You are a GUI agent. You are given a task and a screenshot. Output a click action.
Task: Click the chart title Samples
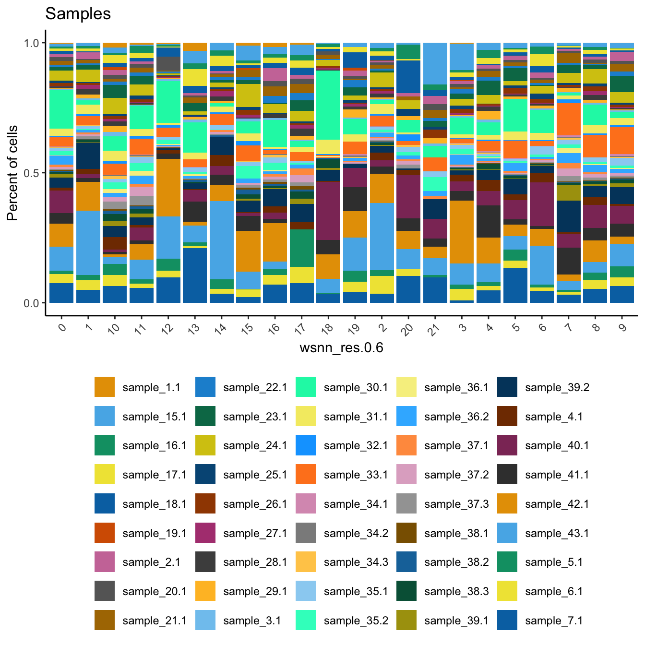pyautogui.click(x=78, y=14)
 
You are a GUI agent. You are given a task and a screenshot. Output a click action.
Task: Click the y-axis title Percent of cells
pyautogui.click(x=12, y=173)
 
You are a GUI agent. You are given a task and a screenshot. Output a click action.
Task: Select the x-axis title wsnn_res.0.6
pyautogui.click(x=341, y=347)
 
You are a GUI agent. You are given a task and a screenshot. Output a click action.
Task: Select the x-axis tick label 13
pyautogui.click(x=194, y=330)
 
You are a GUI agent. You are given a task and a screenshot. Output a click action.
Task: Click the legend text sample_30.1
pyautogui.click(x=356, y=387)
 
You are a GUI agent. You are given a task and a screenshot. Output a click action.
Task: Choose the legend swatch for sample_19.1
pyautogui.click(x=105, y=533)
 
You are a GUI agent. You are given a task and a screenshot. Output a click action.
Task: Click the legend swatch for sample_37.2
pyautogui.click(x=406, y=475)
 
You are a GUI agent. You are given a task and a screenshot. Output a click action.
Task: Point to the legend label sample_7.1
pyautogui.click(x=554, y=621)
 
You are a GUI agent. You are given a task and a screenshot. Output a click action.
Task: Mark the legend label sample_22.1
pyautogui.click(x=255, y=387)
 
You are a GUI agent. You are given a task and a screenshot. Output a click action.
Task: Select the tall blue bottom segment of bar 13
pyautogui.click(x=195, y=275)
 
